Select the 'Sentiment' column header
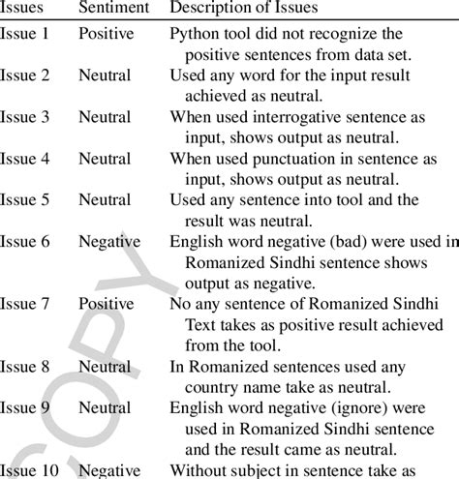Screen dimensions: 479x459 [113, 8]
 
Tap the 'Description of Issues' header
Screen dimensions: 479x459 [243, 8]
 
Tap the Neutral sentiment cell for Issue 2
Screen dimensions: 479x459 [106, 75]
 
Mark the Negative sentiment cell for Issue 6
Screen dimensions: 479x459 [109, 241]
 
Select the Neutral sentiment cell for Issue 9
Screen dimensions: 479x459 [106, 407]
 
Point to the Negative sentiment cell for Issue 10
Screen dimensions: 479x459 [109, 470]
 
